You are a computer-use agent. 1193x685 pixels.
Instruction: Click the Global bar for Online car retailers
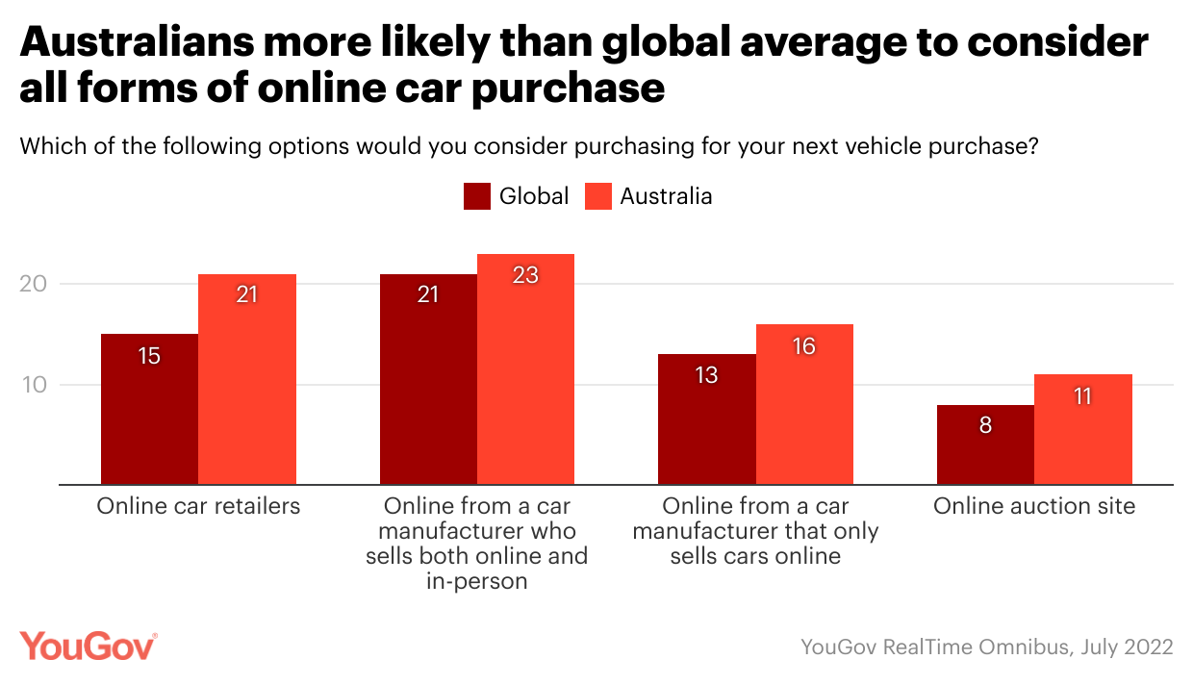click(149, 409)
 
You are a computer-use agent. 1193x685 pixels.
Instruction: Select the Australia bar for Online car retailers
click(247, 379)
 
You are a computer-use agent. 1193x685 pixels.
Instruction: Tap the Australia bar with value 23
click(525, 369)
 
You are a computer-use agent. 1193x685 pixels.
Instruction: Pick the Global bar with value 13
click(707, 419)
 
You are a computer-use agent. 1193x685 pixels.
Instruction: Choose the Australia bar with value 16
click(804, 404)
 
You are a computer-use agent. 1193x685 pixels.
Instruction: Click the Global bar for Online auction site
click(985, 444)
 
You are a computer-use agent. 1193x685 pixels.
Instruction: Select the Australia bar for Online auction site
click(1083, 429)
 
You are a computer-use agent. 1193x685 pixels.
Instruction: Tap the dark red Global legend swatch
click(477, 196)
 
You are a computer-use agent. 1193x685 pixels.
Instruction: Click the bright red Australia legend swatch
click(598, 196)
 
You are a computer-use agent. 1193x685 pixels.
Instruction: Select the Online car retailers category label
click(198, 506)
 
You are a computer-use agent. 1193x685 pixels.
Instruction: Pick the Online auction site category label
click(1034, 506)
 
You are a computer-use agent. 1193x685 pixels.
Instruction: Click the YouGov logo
click(88, 647)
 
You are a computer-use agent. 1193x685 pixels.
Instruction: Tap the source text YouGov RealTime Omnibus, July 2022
click(987, 647)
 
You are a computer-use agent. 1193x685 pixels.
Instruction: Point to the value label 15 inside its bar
click(149, 356)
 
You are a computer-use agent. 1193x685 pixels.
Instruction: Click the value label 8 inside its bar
click(985, 424)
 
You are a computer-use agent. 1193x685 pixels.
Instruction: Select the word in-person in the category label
click(476, 580)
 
